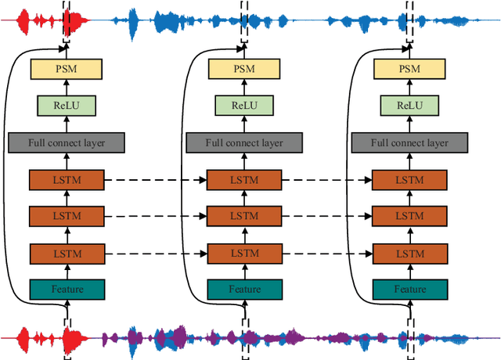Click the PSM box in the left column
point(67,69)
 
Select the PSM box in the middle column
point(243,69)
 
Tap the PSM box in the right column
point(409,69)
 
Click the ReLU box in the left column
point(67,106)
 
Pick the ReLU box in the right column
point(409,106)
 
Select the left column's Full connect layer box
point(67,142)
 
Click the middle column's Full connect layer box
point(243,142)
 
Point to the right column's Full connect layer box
point(409,142)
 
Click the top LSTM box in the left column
point(67,179)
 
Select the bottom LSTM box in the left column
point(67,253)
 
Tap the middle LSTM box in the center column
point(243,216)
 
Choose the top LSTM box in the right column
point(409,179)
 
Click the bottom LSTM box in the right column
point(409,253)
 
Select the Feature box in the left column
point(67,289)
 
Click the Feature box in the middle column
point(243,289)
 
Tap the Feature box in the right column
point(409,289)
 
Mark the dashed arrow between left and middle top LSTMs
point(155,179)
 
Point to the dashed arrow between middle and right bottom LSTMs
point(326,253)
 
